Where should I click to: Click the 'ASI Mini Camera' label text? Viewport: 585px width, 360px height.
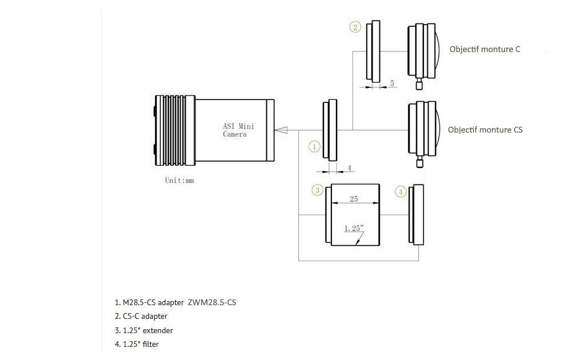tap(235, 131)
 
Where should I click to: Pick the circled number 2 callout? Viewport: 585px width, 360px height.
tap(355, 26)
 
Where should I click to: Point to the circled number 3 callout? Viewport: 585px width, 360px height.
tap(317, 190)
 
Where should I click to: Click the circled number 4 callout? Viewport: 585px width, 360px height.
tap(401, 192)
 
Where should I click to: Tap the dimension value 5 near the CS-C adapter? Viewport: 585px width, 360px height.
tap(392, 83)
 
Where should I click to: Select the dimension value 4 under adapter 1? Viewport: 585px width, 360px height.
tap(349, 168)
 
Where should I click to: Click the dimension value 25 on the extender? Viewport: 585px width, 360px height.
tap(354, 199)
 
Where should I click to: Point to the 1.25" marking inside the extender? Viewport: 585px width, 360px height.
tap(353, 229)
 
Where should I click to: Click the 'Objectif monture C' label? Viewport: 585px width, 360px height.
tap(484, 49)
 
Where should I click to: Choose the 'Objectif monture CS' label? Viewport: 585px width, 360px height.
tap(485, 130)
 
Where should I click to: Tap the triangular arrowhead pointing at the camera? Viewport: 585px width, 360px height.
tap(281, 130)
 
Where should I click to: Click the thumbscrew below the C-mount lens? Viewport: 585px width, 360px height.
tap(419, 85)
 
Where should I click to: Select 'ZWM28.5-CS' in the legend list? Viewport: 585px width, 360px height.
tap(211, 302)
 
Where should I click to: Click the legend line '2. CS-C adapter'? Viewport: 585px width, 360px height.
tap(141, 316)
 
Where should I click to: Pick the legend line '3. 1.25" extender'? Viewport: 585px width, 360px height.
tap(143, 330)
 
